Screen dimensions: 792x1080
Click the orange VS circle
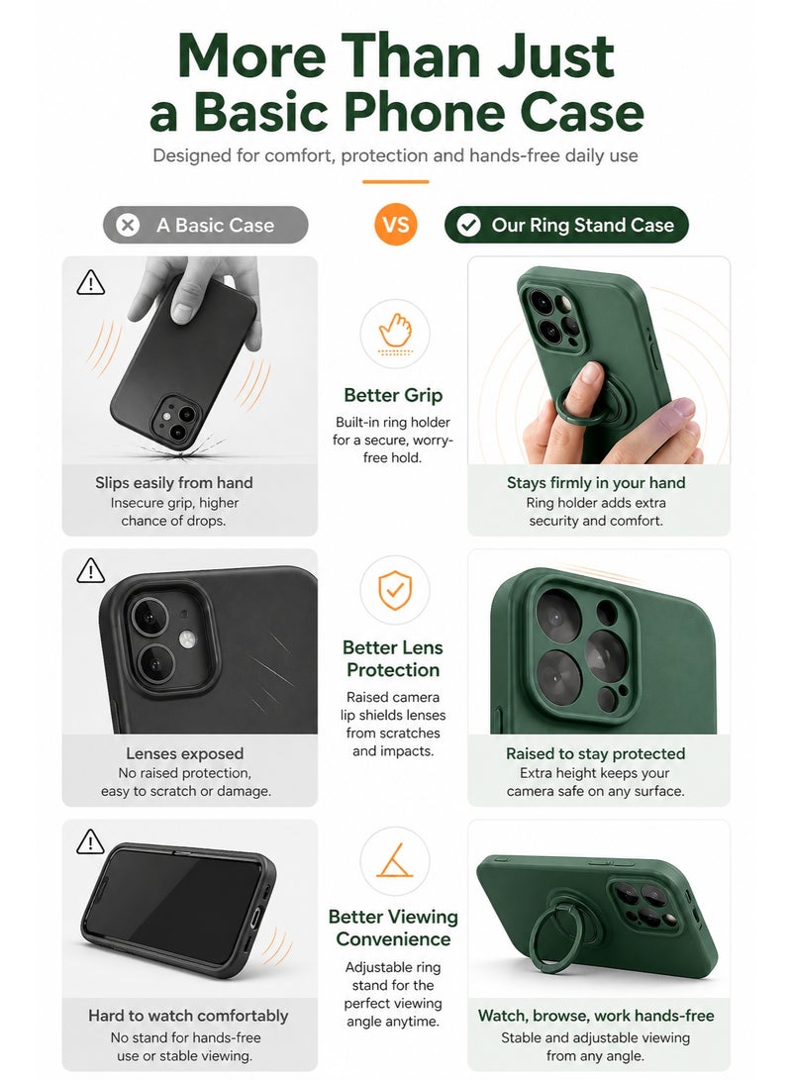(x=395, y=225)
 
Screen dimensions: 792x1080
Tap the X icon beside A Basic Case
(x=128, y=225)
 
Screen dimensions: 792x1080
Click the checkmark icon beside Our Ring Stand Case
(x=468, y=225)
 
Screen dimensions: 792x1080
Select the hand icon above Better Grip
(x=395, y=332)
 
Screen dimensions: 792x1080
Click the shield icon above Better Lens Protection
(x=395, y=590)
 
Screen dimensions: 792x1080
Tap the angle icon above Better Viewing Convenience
(x=395, y=860)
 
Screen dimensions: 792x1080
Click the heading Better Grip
(x=393, y=395)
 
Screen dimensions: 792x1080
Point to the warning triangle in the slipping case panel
(x=90, y=282)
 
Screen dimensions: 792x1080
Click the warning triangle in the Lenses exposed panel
(x=90, y=571)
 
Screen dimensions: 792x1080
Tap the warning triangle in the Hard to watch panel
(x=90, y=841)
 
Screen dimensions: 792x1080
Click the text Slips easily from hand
(x=173, y=483)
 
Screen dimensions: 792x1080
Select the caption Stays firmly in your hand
(x=596, y=483)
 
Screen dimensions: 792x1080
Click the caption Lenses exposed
(x=184, y=753)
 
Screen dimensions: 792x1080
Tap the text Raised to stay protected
(x=596, y=753)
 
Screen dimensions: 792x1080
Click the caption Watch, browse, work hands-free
(x=596, y=1016)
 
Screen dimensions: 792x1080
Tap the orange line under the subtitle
(x=395, y=182)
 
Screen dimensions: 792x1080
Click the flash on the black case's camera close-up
(x=188, y=639)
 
